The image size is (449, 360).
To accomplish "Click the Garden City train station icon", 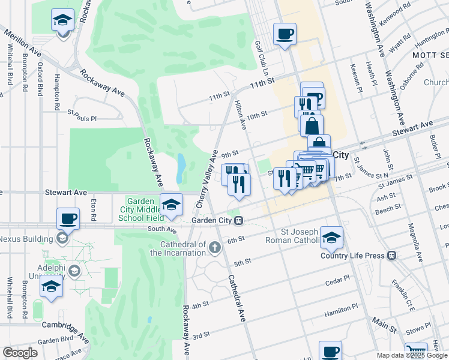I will click(x=239, y=220).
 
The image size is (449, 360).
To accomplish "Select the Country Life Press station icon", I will click(x=392, y=256).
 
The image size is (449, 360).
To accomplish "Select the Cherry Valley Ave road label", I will click(x=206, y=180).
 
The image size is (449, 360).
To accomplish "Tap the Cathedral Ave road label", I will click(x=237, y=298).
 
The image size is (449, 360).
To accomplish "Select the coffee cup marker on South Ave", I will click(x=68, y=218).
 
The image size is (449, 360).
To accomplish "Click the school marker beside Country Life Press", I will click(x=331, y=237).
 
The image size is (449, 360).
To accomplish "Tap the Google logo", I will click(x=20, y=353).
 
